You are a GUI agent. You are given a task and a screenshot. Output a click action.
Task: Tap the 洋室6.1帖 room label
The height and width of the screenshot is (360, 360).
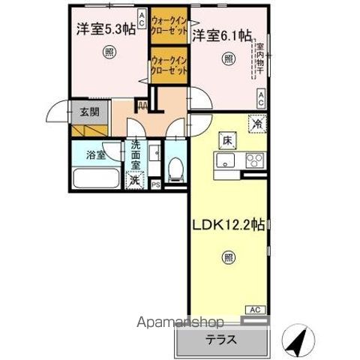(221, 35)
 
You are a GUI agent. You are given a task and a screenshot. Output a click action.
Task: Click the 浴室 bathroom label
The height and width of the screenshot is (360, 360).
(94, 157)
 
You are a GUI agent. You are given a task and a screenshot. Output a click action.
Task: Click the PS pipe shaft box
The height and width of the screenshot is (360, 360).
(156, 184)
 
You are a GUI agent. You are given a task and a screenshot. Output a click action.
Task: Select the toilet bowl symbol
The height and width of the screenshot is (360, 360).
(175, 168)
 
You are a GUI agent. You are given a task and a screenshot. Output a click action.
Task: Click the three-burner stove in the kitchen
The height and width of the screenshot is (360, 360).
(251, 160)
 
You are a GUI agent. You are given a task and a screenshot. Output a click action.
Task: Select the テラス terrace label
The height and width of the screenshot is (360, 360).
(221, 340)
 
